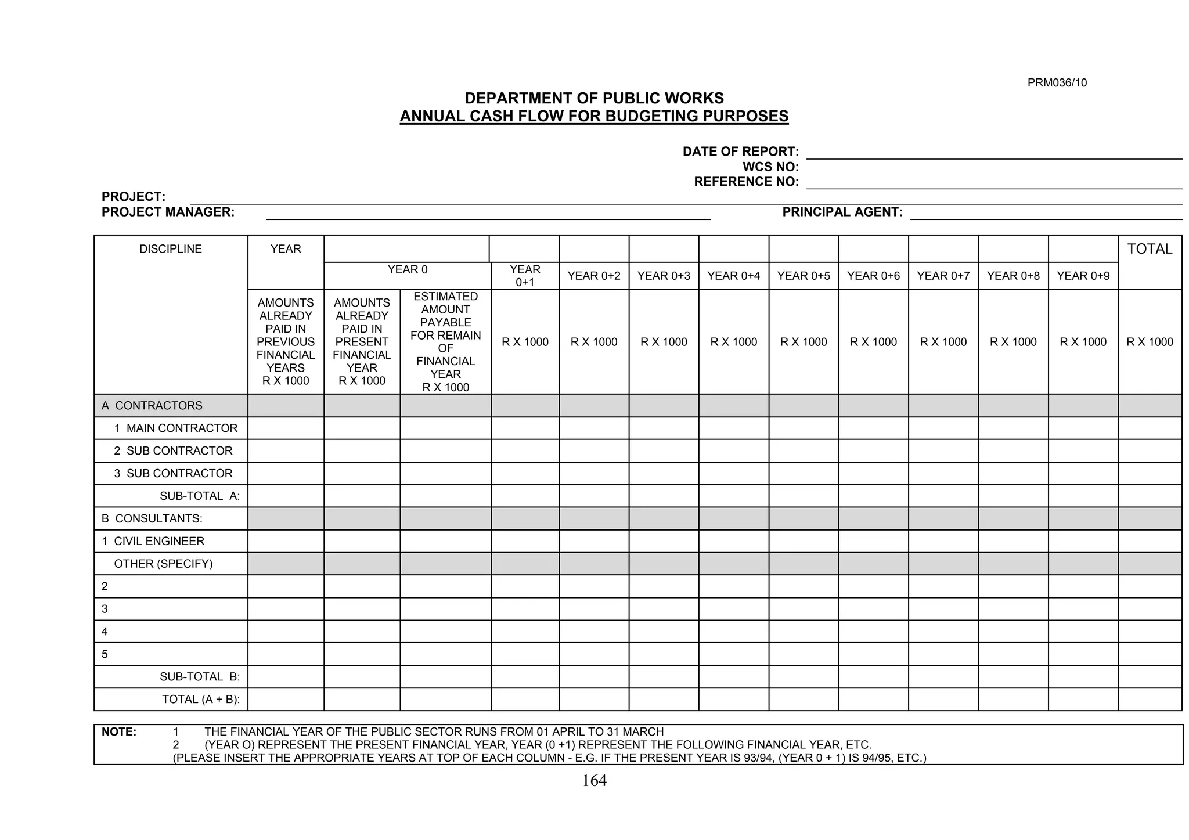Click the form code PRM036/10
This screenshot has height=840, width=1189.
click(1057, 83)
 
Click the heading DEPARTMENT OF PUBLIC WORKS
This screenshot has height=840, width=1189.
click(594, 98)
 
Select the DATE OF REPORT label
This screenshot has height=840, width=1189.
click(740, 152)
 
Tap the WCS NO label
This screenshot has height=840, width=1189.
click(770, 167)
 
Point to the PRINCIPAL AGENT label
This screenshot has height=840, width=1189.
click(842, 212)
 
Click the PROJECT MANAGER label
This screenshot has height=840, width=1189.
click(168, 212)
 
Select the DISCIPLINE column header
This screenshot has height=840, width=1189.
click(171, 249)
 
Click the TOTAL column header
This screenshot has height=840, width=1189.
click(1150, 249)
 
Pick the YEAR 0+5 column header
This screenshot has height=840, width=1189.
click(804, 276)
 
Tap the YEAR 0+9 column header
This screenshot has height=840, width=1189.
click(1083, 276)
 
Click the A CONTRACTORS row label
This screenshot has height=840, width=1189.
click(152, 406)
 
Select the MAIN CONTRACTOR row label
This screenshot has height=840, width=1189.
click(176, 428)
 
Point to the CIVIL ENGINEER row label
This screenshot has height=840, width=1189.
click(153, 541)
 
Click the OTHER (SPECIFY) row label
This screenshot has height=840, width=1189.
click(163, 564)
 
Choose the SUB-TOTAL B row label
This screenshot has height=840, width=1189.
click(200, 677)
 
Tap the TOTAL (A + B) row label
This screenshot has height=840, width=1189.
click(201, 700)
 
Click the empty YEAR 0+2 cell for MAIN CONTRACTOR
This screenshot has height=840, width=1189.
click(594, 428)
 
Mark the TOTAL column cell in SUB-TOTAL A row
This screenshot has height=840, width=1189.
click(1150, 496)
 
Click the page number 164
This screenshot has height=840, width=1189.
click(594, 781)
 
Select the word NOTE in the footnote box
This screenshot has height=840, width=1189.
click(119, 732)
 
